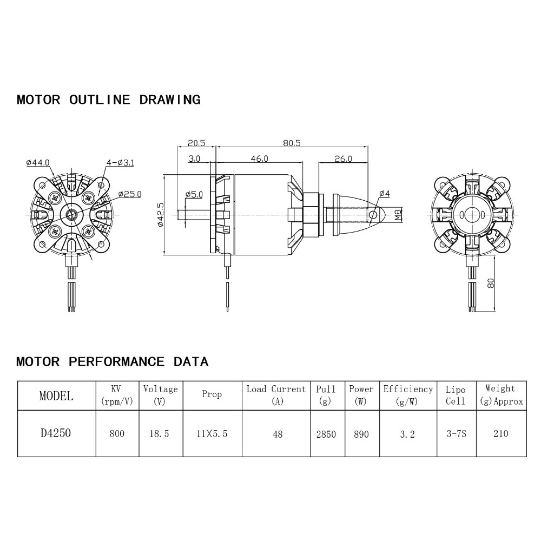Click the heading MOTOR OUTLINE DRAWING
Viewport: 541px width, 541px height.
tap(108, 100)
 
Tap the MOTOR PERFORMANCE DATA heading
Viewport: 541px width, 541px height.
tap(112, 361)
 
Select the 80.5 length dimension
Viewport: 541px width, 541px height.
tap(292, 143)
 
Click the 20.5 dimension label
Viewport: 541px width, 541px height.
tap(196, 143)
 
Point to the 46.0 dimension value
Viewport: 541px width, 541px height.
tap(259, 159)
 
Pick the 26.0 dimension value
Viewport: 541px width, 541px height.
tap(343, 159)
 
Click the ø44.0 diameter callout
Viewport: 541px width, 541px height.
tap(37, 162)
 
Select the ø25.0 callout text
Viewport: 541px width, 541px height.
tap(130, 194)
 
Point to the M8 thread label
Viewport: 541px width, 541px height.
tap(398, 215)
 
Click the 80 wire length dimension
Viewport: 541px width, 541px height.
tap(490, 283)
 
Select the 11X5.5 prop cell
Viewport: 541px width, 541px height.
tap(212, 433)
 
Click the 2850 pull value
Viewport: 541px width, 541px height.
tap(326, 433)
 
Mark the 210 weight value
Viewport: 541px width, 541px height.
tap(501, 433)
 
